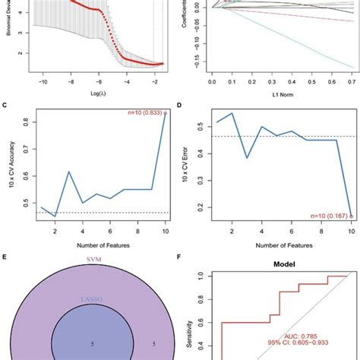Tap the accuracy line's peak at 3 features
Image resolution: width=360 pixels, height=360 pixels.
[68, 172]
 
